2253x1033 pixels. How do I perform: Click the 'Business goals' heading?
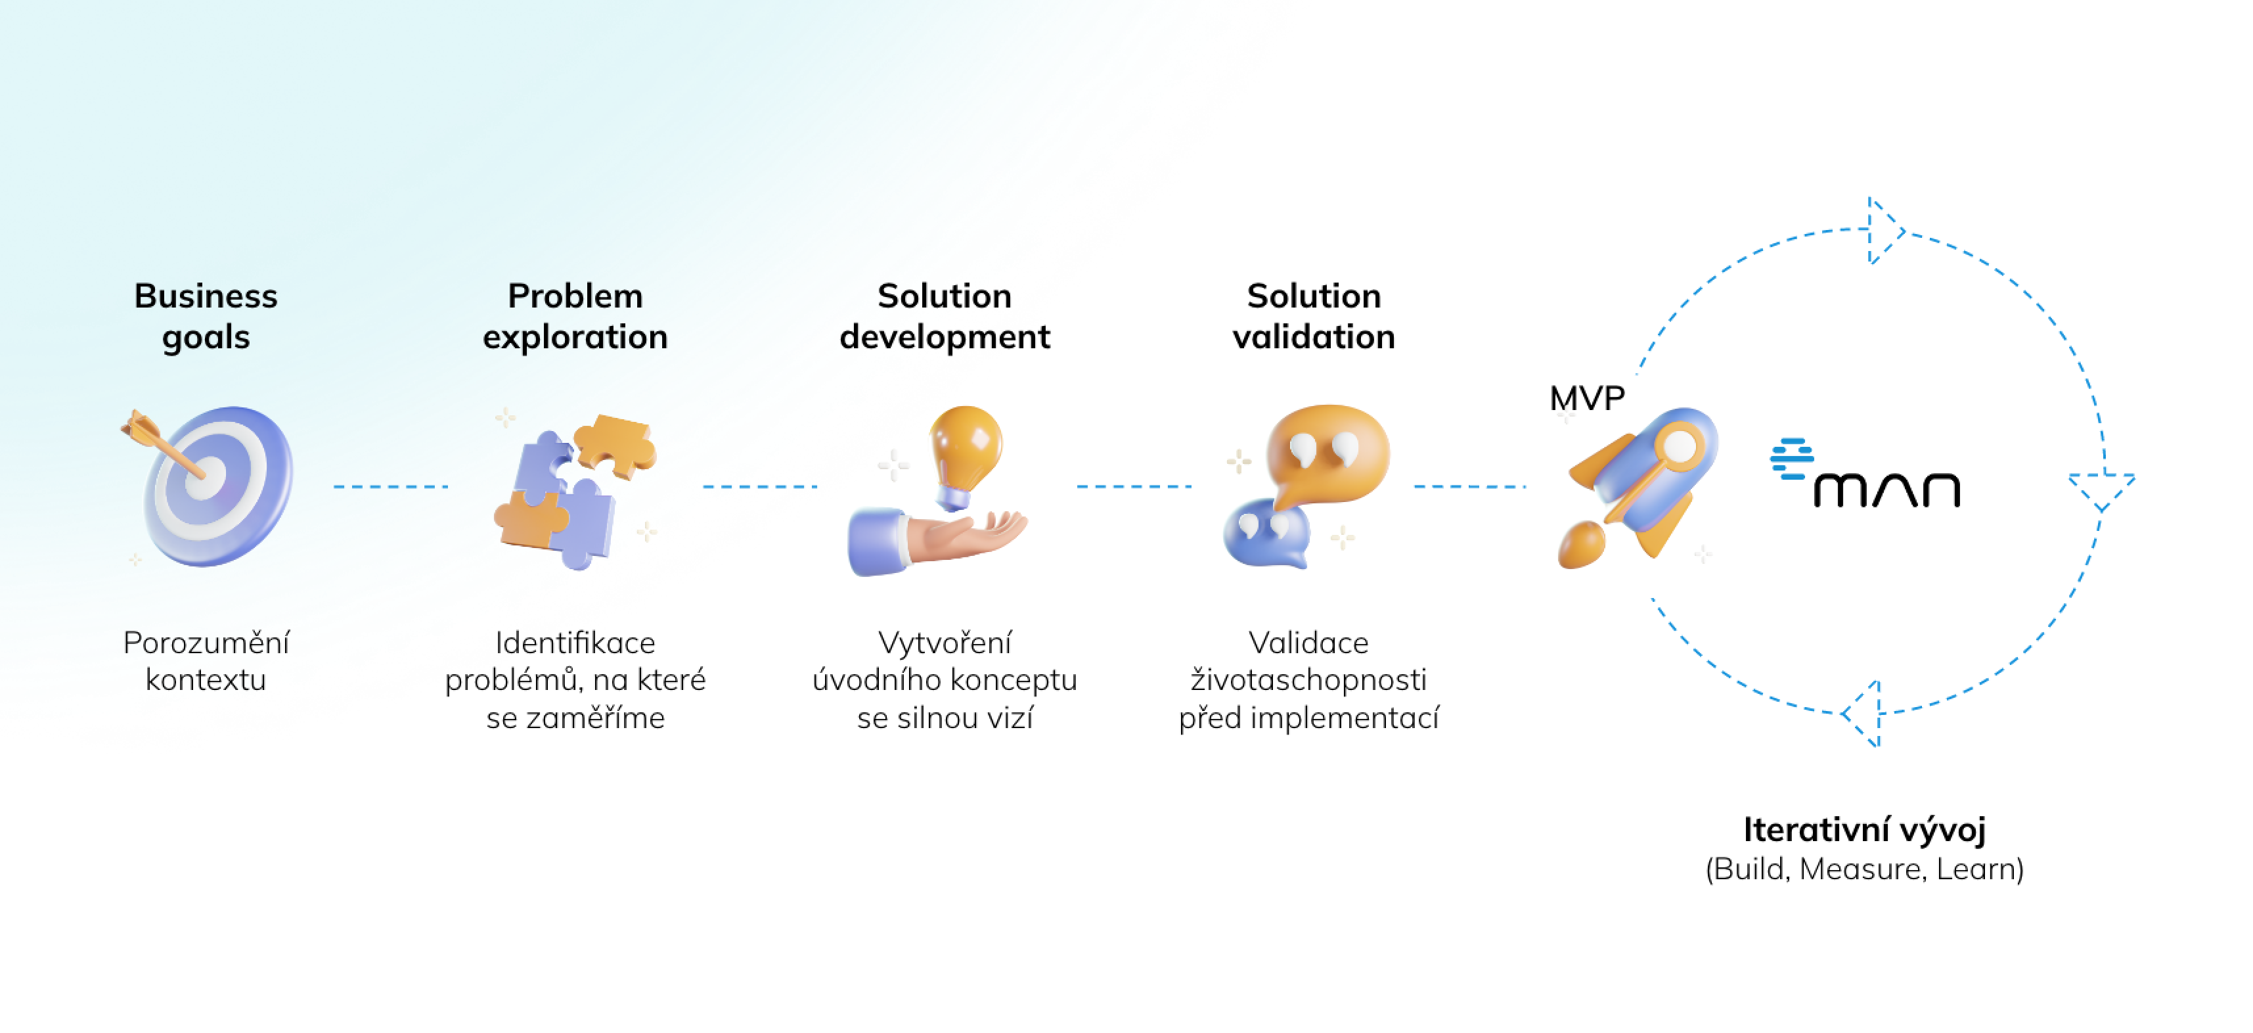click(x=206, y=316)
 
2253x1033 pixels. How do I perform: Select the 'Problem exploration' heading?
click(x=575, y=316)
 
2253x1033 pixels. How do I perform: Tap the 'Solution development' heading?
click(x=945, y=316)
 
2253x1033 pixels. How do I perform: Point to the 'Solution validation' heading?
click(x=1314, y=316)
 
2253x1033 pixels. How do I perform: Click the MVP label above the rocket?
click(x=1586, y=399)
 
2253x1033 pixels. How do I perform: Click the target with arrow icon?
click(x=208, y=486)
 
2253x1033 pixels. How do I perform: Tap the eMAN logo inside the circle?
click(x=1865, y=473)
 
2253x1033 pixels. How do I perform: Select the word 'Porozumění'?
click(x=206, y=643)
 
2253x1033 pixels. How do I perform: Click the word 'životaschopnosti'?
click(x=1308, y=679)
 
